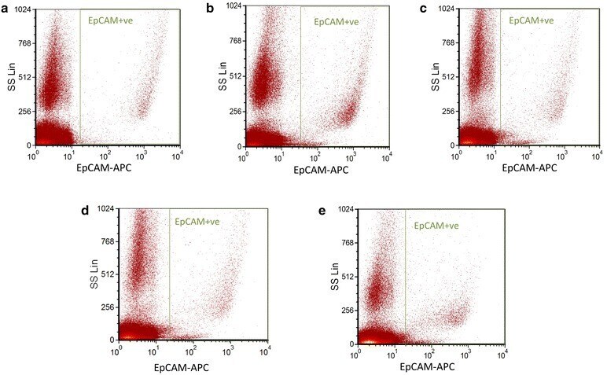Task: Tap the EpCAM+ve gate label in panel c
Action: [531, 20]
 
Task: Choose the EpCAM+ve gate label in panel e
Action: [436, 226]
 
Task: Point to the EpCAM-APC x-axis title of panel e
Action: [425, 366]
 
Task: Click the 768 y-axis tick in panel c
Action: [445, 42]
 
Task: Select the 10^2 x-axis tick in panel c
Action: [535, 156]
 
